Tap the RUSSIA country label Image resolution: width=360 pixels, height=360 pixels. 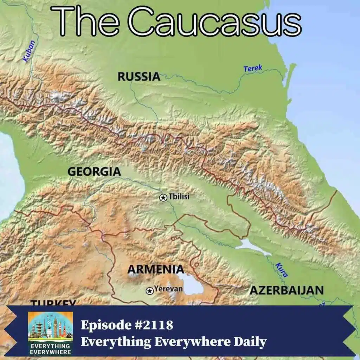(x=139, y=76)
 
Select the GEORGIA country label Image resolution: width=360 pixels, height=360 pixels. (x=94, y=172)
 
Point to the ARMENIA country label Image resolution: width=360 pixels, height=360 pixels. (x=155, y=269)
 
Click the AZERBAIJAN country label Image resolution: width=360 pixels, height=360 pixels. (x=286, y=290)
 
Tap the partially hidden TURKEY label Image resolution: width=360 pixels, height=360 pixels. (x=53, y=303)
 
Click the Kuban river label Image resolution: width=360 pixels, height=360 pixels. (x=29, y=51)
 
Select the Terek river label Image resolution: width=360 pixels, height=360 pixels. (x=253, y=68)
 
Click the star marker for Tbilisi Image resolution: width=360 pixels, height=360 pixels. (x=163, y=198)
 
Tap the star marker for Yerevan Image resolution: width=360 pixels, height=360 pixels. (x=150, y=290)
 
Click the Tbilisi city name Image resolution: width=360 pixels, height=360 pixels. (x=179, y=197)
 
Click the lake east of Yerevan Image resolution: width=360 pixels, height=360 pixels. (x=191, y=284)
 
